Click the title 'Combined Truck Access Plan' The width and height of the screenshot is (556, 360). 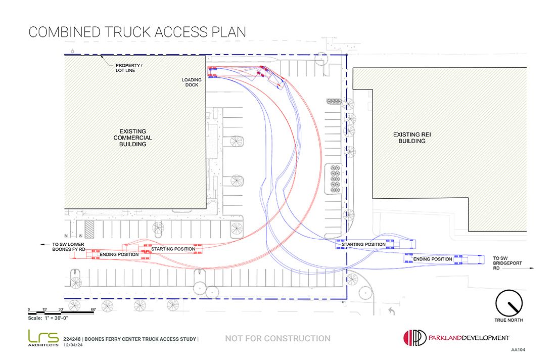click(x=137, y=32)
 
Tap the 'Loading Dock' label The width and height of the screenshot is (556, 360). click(x=192, y=82)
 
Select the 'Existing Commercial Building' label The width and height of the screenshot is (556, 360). click(x=132, y=138)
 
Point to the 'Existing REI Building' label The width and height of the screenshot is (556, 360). click(x=411, y=138)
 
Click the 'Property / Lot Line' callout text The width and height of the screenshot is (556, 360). click(x=129, y=68)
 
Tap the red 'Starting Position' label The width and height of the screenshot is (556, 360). click(x=173, y=249)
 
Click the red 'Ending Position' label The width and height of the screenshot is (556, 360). click(x=119, y=254)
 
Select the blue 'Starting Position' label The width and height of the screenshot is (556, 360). click(x=363, y=244)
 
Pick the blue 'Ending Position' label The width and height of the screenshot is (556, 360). click(x=433, y=259)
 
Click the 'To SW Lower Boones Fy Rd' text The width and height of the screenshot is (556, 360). click(x=68, y=247)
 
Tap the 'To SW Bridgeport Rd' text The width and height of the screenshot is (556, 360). click(x=507, y=263)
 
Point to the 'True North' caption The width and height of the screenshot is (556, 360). click(x=508, y=320)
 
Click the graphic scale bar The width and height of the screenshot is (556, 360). click(x=62, y=313)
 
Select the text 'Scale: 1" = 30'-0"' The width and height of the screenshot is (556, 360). click(x=48, y=318)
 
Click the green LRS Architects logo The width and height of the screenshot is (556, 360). click(x=43, y=338)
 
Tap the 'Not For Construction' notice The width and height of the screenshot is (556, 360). click(x=277, y=338)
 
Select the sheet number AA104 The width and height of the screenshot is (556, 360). click(x=518, y=350)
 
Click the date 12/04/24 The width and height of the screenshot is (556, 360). click(x=73, y=345)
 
